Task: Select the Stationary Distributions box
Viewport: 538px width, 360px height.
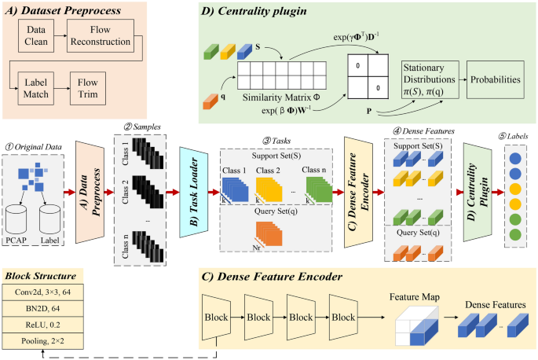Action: (429, 79)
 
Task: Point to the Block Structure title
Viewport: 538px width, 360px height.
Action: (40, 276)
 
